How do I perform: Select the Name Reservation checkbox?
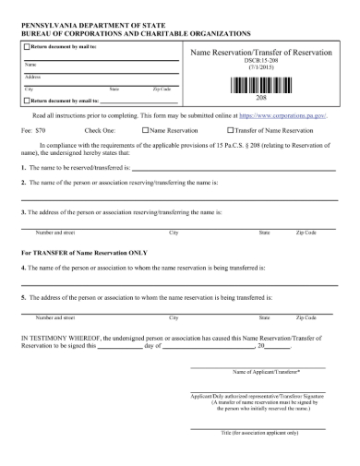[x=145, y=131]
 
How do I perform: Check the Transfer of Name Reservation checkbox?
[x=214, y=131]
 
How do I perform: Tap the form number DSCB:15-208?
[x=261, y=61]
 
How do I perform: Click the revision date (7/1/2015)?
[x=261, y=68]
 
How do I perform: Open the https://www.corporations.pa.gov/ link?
[x=289, y=117]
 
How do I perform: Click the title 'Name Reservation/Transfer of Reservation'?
[x=261, y=53]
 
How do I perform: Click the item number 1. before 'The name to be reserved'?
[x=23, y=169]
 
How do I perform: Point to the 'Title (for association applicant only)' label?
[x=260, y=432]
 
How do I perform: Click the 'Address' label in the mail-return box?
[x=31, y=77]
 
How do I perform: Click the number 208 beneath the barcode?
[x=261, y=97]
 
